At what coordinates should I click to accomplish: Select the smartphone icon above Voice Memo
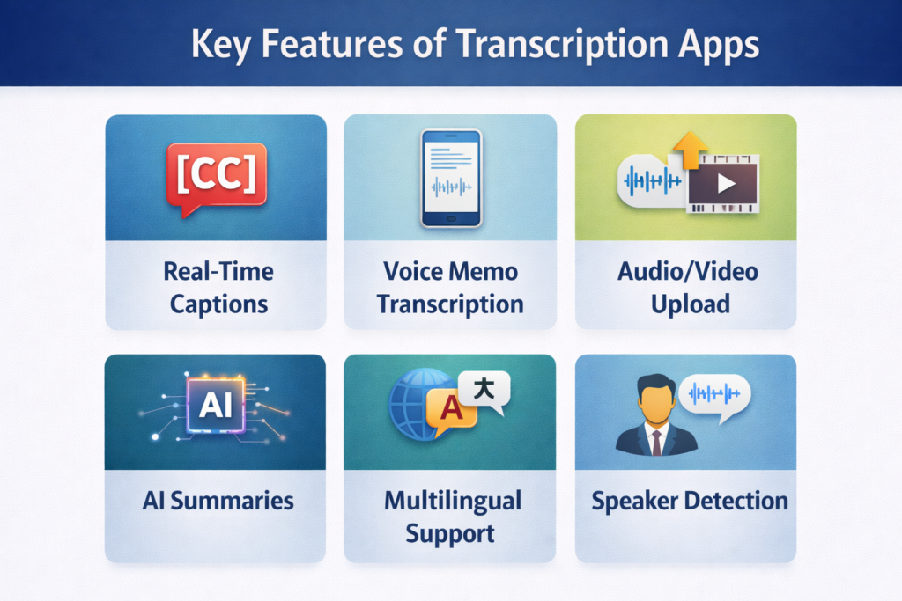click(x=451, y=178)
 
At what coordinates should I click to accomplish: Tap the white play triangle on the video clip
click(x=726, y=183)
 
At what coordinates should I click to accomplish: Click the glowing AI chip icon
click(x=217, y=405)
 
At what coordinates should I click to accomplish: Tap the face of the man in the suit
click(x=656, y=400)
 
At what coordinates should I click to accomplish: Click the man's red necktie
click(x=656, y=441)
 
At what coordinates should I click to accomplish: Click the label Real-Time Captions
click(x=218, y=287)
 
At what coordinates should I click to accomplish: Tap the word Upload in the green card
click(x=691, y=304)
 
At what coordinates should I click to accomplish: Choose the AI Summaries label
click(x=218, y=501)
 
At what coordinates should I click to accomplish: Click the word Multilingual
click(x=453, y=501)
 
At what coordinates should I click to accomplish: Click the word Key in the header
click(x=221, y=45)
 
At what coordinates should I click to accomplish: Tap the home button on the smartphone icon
click(x=451, y=219)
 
